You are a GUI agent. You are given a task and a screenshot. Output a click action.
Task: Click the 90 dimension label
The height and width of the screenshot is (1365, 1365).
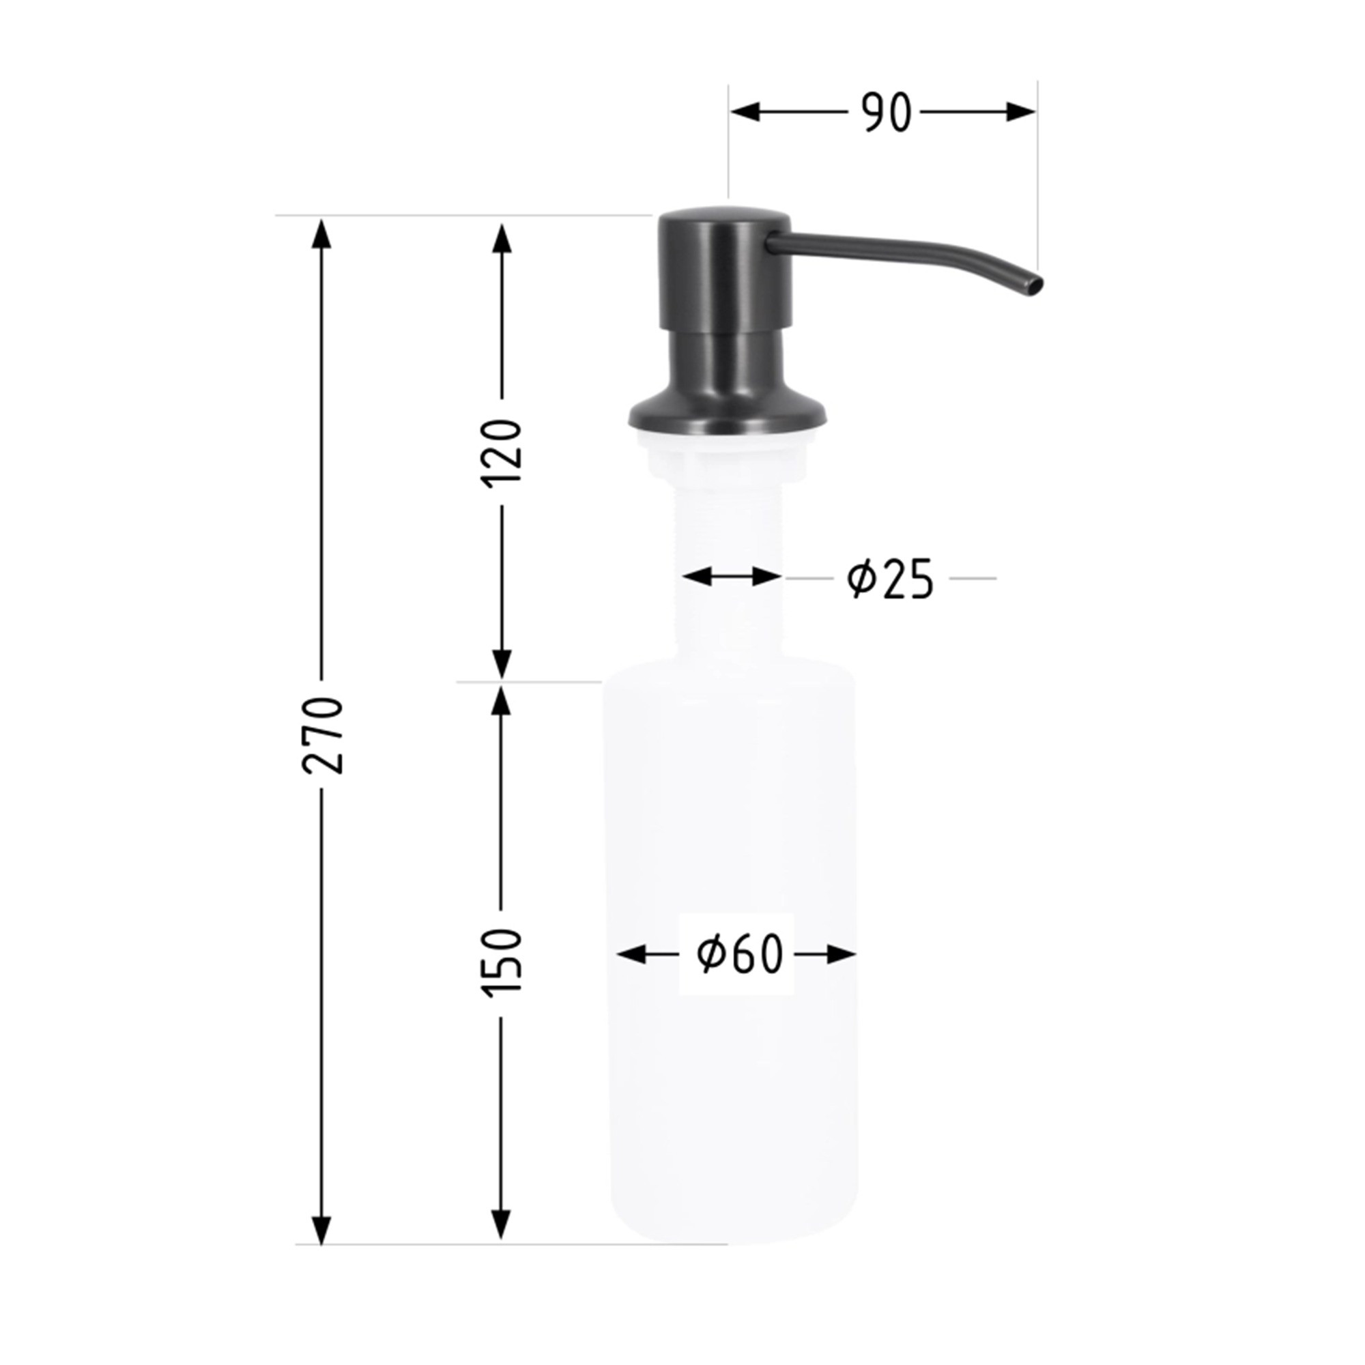[x=887, y=113]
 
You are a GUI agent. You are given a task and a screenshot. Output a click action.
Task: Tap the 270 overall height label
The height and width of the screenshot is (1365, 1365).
[x=322, y=735]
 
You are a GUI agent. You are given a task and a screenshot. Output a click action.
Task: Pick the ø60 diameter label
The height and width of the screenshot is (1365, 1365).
[x=740, y=955]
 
